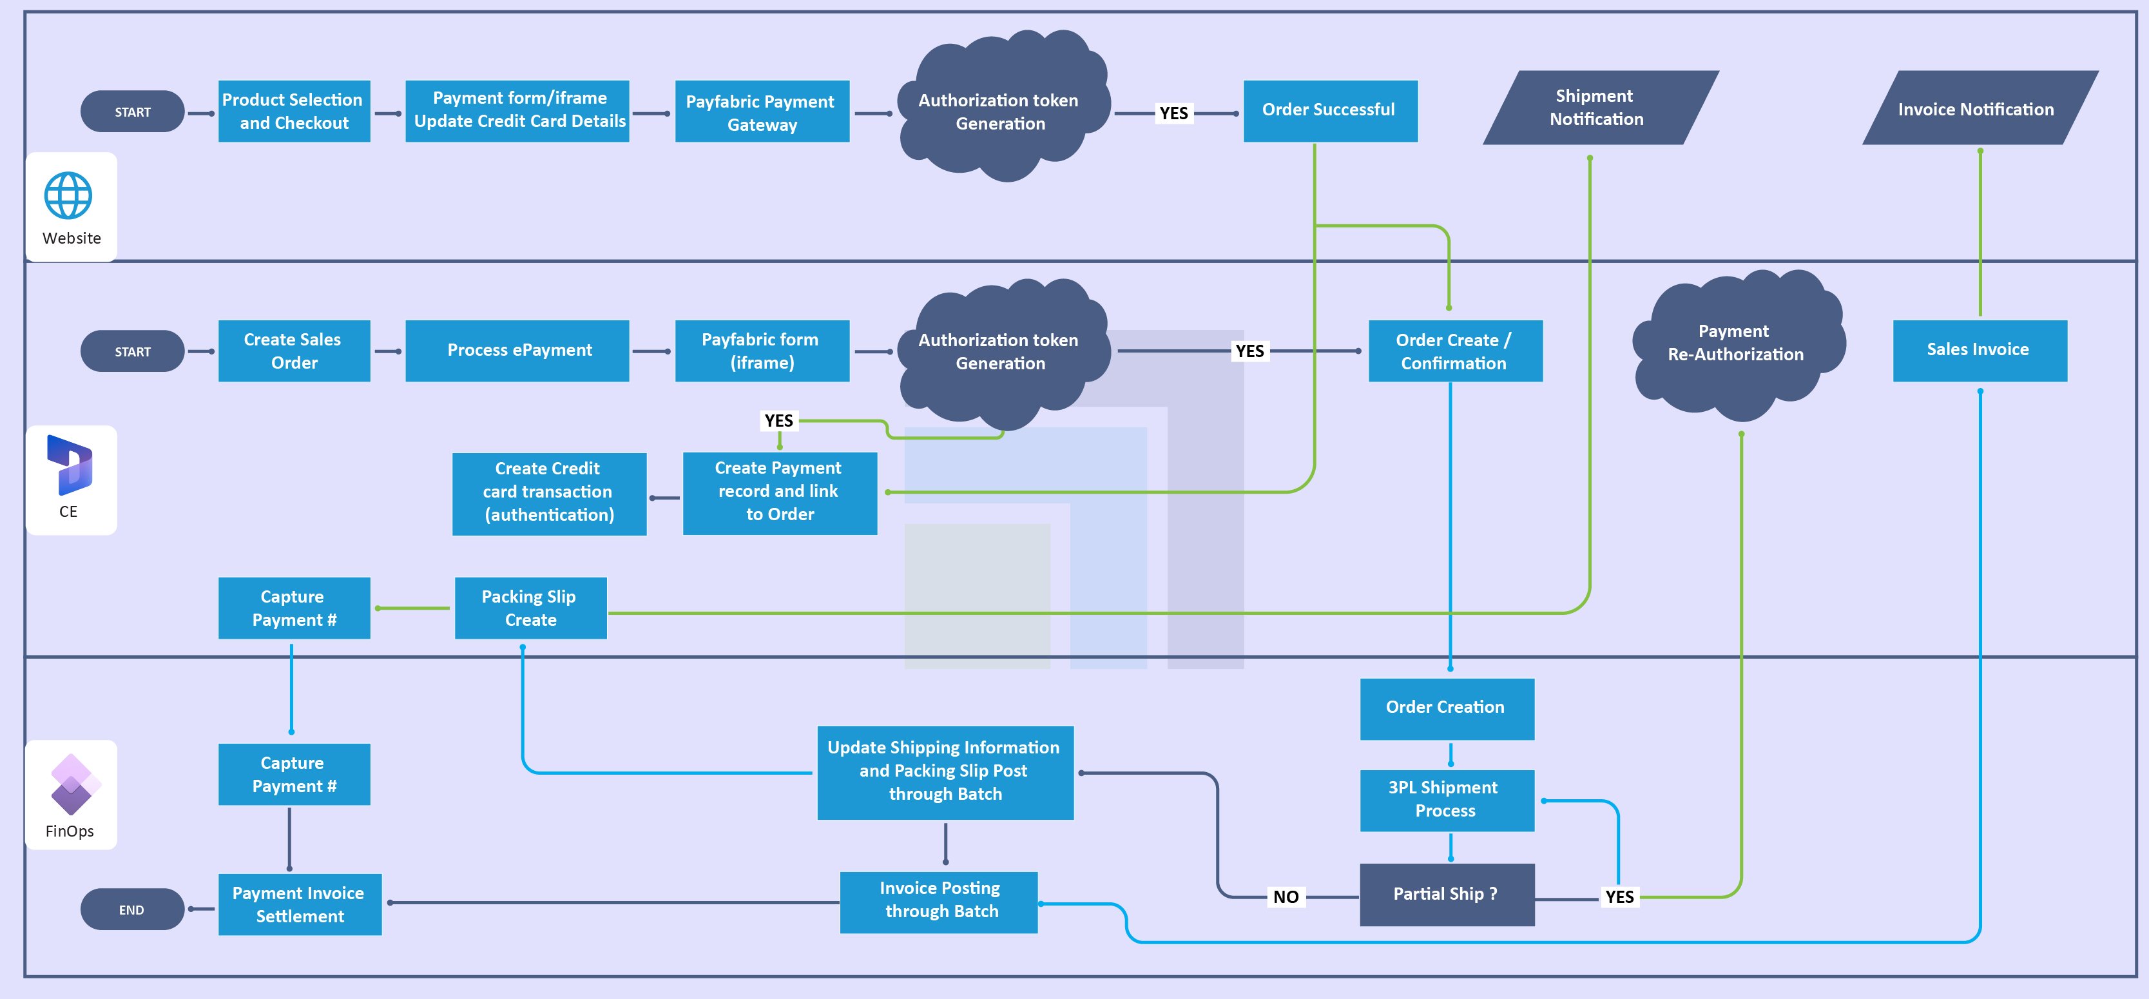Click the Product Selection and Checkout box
294,111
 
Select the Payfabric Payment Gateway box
762,112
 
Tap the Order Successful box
1330,110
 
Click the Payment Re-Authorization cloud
1736,344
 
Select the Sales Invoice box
1979,351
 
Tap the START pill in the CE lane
132,351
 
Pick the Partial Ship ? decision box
1447,895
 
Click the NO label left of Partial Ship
1286,897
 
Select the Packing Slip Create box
530,608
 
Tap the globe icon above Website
68,196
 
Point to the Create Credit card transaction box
549,492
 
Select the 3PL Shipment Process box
1447,800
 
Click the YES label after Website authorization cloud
1173,113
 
